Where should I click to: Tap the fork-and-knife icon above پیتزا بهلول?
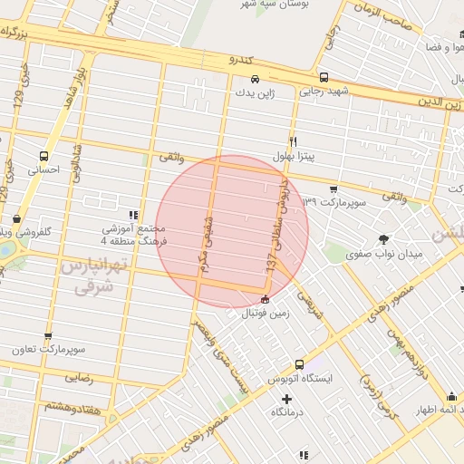pos(293,142)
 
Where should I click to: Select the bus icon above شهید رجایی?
pos(324,77)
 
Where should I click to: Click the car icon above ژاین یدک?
pos(256,78)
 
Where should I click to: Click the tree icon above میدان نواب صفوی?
pos(384,240)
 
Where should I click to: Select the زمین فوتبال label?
pos(265,314)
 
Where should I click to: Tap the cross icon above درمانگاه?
pos(287,399)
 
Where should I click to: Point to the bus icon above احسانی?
pos(44,155)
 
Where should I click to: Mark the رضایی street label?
pos(78,379)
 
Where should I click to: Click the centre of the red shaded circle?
pos(233,231)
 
